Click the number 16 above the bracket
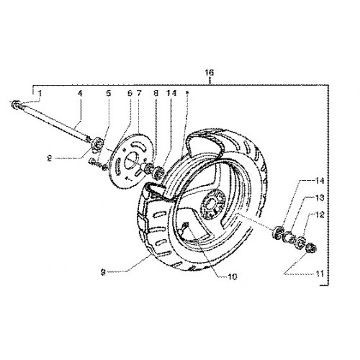click(x=209, y=73)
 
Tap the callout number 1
click(x=40, y=94)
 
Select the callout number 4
click(x=80, y=94)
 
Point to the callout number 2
click(x=50, y=158)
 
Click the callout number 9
click(x=103, y=272)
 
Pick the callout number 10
click(x=233, y=276)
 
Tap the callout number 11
click(x=320, y=274)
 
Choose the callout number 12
click(x=320, y=215)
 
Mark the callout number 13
click(x=320, y=198)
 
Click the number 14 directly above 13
click(x=319, y=181)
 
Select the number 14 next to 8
click(x=172, y=93)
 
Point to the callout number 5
click(x=109, y=94)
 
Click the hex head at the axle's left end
click(x=15, y=104)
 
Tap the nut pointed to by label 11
click(x=312, y=248)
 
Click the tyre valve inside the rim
click(x=186, y=225)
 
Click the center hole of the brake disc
click(x=130, y=161)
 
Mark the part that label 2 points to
click(x=98, y=145)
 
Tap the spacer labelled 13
click(x=289, y=237)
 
